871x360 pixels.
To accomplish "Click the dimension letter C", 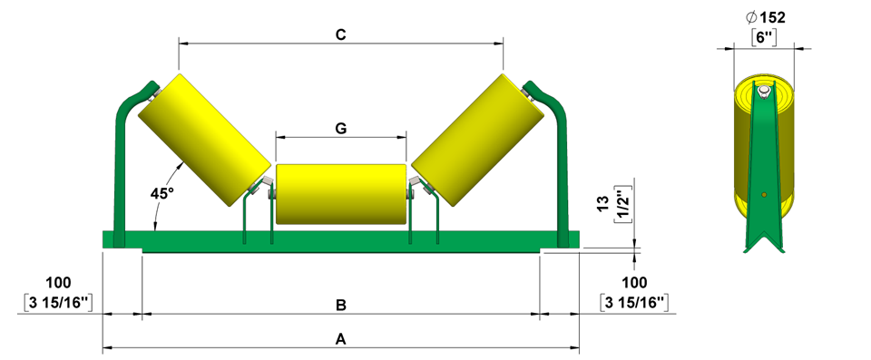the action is coord(341,34).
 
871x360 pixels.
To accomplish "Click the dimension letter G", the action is coord(341,129).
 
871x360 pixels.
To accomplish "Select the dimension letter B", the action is coord(341,305).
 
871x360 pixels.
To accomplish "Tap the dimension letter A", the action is coord(341,338).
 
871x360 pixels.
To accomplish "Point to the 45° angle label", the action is coord(162,194).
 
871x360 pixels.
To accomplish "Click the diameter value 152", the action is coord(773,18).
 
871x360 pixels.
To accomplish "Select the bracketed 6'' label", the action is coord(764,38).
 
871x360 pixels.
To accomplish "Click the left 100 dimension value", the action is coord(59,283).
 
